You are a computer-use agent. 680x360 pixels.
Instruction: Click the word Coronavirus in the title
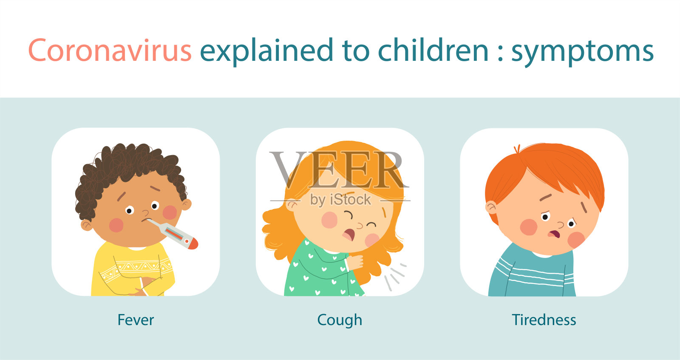pyautogui.click(x=110, y=50)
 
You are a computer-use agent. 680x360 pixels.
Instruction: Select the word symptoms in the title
pyautogui.click(x=582, y=52)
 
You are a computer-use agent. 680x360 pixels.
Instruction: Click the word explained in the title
pyautogui.click(x=266, y=51)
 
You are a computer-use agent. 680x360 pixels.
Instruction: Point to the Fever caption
pyautogui.click(x=136, y=320)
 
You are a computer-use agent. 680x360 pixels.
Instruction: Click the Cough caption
pyautogui.click(x=340, y=320)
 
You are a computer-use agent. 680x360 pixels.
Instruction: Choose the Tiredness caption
pyautogui.click(x=544, y=320)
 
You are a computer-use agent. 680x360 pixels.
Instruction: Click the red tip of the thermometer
pyautogui.click(x=193, y=244)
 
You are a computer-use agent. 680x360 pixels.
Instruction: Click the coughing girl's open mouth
pyautogui.click(x=348, y=235)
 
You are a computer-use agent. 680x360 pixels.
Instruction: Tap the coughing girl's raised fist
pyautogui.click(x=355, y=262)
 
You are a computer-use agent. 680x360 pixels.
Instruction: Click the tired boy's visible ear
pyautogui.click(x=490, y=208)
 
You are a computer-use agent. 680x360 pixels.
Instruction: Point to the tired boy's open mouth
pyautogui.click(x=554, y=234)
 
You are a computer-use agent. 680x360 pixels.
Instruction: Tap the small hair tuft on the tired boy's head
pyautogui.click(x=517, y=149)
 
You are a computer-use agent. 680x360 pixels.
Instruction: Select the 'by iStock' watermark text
pyautogui.click(x=340, y=200)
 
